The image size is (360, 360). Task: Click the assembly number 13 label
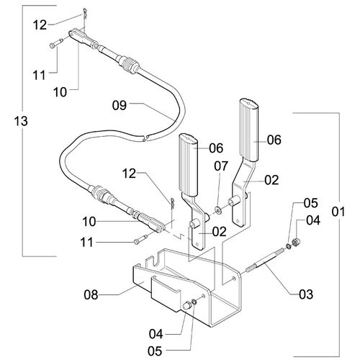tap(21, 121)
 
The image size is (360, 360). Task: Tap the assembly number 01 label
tap(338, 212)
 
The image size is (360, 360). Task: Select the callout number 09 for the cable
tap(120, 105)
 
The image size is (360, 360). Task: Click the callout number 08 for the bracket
tap(91, 294)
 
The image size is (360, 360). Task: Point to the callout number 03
tap(306, 294)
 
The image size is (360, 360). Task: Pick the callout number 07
tap(221, 166)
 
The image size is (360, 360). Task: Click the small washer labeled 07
tap(218, 210)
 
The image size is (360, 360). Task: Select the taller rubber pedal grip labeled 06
tap(249, 130)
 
